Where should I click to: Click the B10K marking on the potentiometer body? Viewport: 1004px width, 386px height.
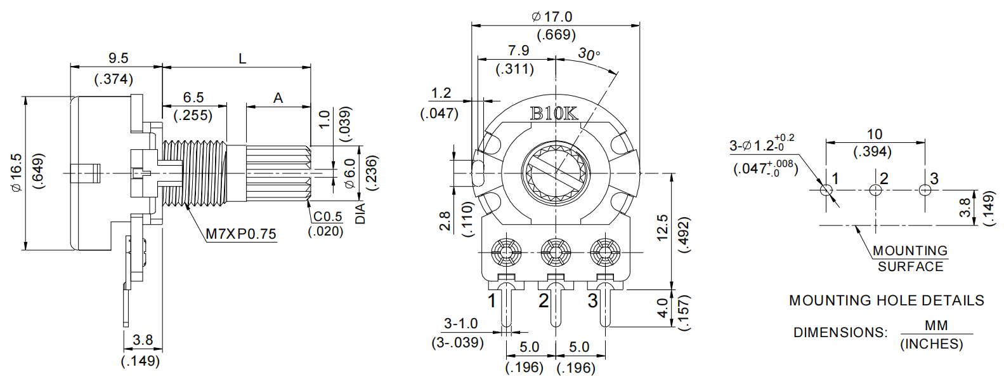pos(554,114)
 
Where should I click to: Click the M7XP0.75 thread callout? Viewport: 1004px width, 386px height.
pos(241,234)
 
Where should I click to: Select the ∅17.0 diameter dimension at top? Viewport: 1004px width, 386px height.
pos(552,17)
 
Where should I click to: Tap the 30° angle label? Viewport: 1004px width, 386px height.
pos(589,55)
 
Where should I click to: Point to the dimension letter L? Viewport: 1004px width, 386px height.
pos(242,59)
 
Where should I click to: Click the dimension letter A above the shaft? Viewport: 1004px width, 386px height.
pos(278,98)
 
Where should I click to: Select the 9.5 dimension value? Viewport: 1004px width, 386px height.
pos(118,58)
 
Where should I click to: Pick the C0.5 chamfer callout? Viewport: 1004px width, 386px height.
pos(327,216)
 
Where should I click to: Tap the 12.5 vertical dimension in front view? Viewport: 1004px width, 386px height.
pos(662,227)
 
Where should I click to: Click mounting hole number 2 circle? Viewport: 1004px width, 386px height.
pos(875,190)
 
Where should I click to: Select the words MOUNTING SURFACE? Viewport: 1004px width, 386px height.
pos(910,258)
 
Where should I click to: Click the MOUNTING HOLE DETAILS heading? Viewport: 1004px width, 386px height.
pos(886,300)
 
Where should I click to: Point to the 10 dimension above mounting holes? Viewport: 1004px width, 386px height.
pos(875,134)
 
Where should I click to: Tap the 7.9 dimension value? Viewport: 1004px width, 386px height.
pos(518,50)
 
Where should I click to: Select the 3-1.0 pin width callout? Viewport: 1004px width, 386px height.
pos(460,323)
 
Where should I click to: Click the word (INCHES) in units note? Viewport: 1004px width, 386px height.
pos(931,343)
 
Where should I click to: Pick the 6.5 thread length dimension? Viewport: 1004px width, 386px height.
pos(193,97)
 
